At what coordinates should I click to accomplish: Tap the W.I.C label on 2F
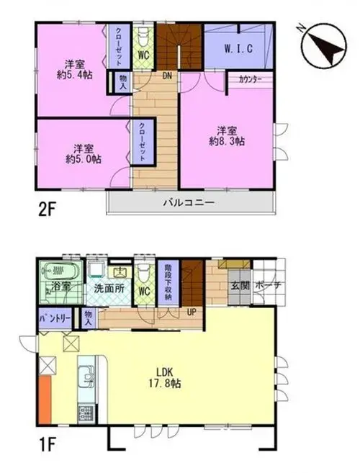click(x=238, y=48)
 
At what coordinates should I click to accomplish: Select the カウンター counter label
click(x=250, y=80)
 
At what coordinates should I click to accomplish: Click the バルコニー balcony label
click(x=189, y=202)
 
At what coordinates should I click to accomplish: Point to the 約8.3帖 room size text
click(x=227, y=141)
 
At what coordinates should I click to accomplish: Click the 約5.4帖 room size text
click(x=75, y=75)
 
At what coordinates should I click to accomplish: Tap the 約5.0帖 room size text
click(x=84, y=159)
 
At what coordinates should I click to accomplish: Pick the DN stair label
click(x=167, y=76)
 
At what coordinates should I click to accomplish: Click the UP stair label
click(x=192, y=312)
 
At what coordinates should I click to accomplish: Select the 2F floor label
click(x=48, y=210)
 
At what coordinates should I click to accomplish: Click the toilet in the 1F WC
click(x=144, y=271)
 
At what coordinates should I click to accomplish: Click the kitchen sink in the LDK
click(x=87, y=376)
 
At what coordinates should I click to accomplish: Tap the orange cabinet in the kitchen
click(x=45, y=400)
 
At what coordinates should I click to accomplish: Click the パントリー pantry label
click(x=55, y=319)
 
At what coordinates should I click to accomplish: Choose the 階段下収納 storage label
click(x=168, y=282)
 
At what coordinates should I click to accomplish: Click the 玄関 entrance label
click(x=240, y=286)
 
